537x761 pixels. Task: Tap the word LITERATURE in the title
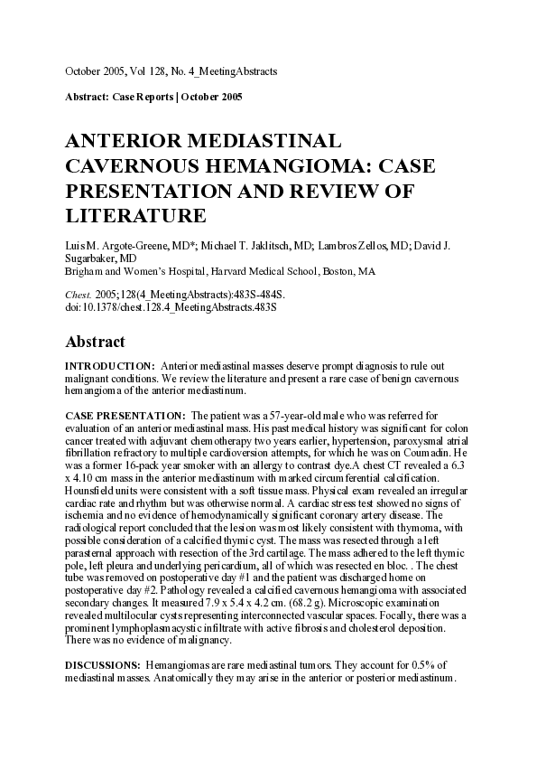click(x=136, y=216)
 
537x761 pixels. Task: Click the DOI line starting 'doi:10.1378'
click(x=171, y=307)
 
